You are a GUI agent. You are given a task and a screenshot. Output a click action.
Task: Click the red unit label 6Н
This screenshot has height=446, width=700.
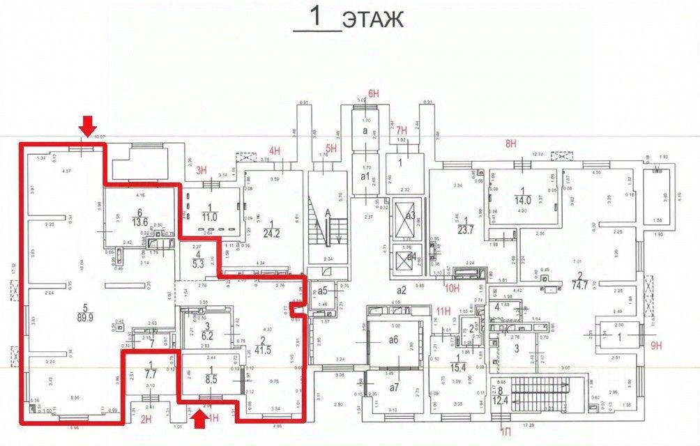pos(374,93)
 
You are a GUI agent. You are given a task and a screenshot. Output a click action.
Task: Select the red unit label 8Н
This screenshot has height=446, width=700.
pos(511,144)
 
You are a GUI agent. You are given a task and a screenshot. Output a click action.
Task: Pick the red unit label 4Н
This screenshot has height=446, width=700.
pos(275,151)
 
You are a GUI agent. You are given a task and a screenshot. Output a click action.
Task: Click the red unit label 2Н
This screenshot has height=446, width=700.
pos(146,419)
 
